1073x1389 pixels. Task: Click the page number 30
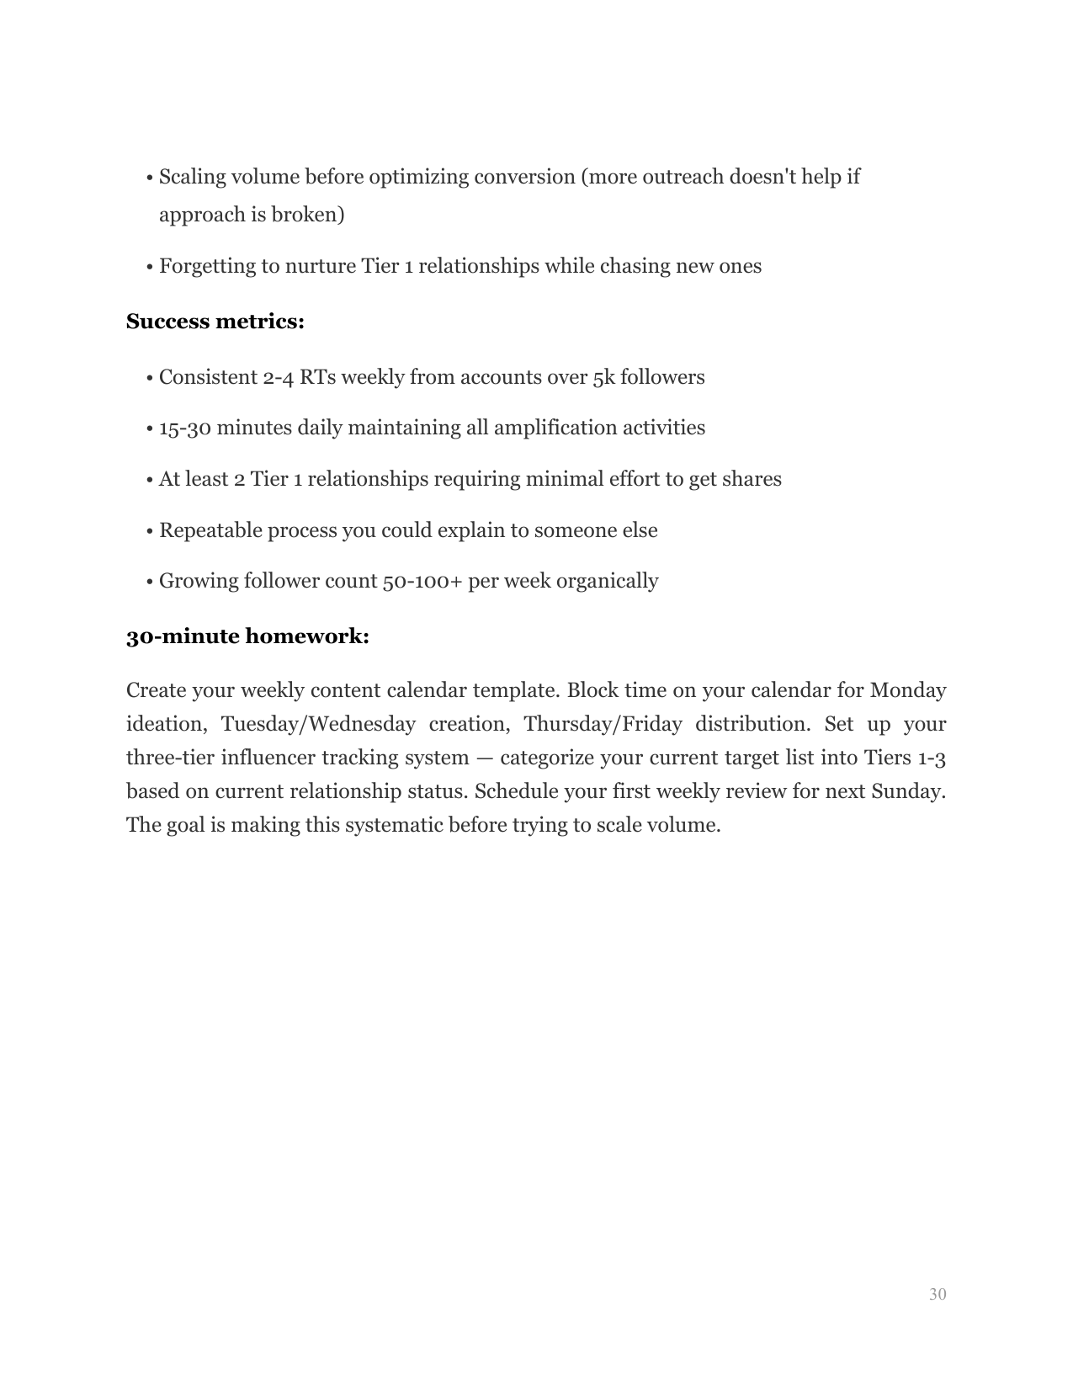[x=938, y=1294]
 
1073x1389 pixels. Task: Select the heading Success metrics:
[x=215, y=322]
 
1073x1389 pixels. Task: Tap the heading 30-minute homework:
[x=247, y=636]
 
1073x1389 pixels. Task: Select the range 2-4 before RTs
[x=279, y=377]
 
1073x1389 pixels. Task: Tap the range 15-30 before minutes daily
[x=185, y=428]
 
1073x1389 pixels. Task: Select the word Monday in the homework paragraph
[x=907, y=691]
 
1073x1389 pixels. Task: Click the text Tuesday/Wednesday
[x=318, y=725]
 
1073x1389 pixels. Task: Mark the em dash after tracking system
[x=484, y=758]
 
